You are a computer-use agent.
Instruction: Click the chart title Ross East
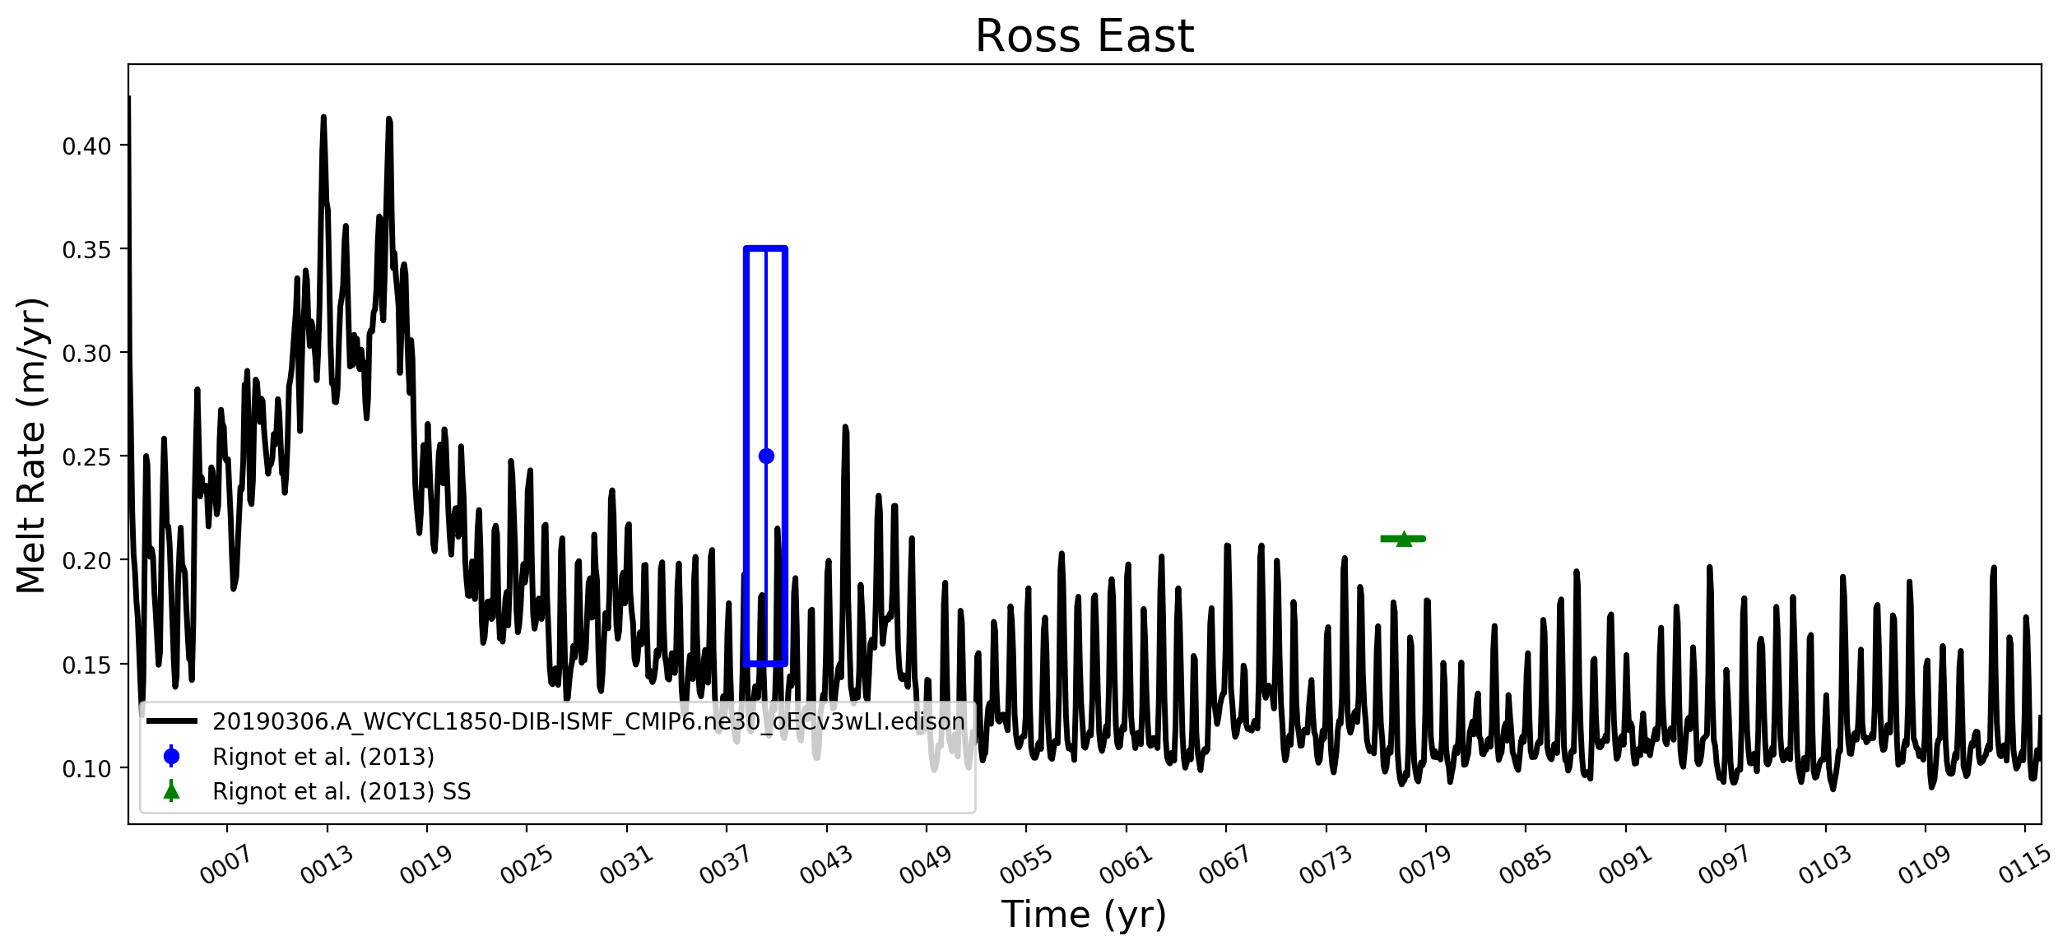point(1084,36)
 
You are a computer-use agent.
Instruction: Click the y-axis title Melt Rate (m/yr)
point(32,445)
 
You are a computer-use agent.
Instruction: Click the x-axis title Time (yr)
point(1084,915)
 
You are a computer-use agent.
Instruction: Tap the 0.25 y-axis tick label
point(86,457)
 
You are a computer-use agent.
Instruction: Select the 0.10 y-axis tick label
point(86,769)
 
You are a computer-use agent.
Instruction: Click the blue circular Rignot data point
point(766,456)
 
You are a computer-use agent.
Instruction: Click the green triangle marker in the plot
point(1404,539)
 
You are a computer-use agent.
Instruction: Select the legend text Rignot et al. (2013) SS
point(341,791)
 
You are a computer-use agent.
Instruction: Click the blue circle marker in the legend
point(171,756)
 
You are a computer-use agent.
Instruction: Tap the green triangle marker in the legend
point(171,791)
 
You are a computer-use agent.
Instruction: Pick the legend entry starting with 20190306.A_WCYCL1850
point(588,721)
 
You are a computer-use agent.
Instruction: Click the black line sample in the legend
point(172,721)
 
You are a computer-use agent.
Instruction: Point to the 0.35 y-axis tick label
point(86,250)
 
